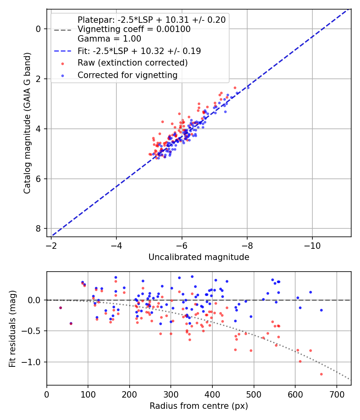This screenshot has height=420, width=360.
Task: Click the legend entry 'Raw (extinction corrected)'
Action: (x=132, y=63)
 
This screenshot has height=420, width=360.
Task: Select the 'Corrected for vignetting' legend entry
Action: (x=127, y=75)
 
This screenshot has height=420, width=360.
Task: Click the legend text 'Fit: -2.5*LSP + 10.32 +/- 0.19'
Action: (x=139, y=51)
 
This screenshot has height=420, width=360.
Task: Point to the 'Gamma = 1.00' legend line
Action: (x=109, y=39)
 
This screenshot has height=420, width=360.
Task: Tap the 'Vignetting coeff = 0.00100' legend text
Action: (x=134, y=29)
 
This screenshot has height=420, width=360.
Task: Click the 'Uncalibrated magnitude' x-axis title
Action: (x=199, y=257)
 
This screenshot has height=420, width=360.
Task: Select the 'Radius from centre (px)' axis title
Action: (x=199, y=406)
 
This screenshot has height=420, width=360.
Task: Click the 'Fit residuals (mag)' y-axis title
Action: (x=13, y=329)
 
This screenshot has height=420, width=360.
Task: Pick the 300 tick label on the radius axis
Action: (x=171, y=394)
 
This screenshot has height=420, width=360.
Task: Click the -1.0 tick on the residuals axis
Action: (x=34, y=362)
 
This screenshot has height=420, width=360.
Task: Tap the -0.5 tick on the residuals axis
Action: (x=34, y=331)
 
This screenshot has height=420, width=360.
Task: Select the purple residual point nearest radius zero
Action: (x=60, y=308)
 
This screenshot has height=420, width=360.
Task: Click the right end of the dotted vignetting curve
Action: (x=350, y=379)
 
